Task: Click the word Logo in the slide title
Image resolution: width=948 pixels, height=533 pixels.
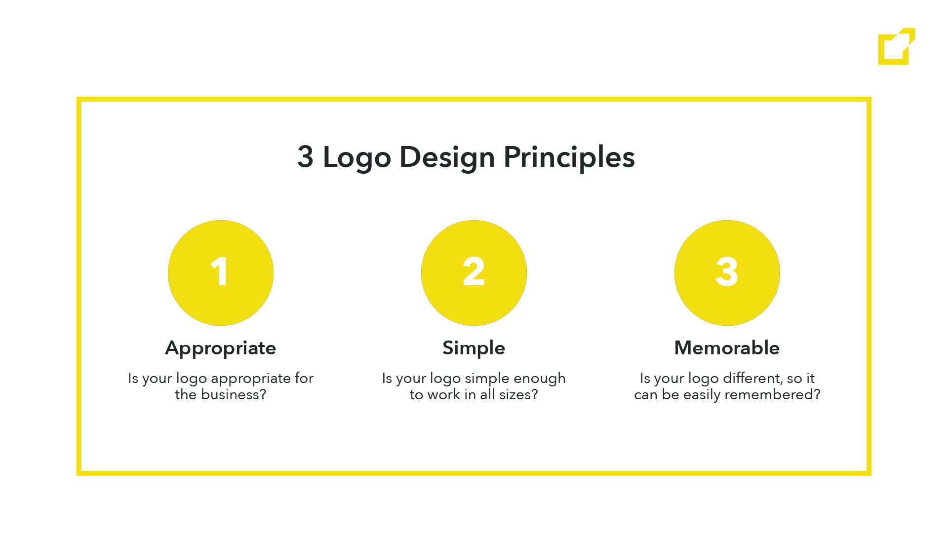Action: [356, 158]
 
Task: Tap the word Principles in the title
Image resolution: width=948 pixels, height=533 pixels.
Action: [569, 158]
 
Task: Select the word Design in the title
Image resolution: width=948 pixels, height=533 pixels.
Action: [447, 158]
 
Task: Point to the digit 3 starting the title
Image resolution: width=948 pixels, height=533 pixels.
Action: [305, 157]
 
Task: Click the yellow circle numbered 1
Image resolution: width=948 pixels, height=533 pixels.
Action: [221, 273]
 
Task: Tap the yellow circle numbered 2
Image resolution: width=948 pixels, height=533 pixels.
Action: [474, 273]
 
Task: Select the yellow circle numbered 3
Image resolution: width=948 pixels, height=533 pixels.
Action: [727, 273]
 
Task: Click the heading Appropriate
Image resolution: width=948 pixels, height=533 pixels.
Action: [221, 349]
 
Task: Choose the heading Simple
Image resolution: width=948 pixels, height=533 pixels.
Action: [474, 349]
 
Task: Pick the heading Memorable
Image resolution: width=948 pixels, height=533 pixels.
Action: [727, 348]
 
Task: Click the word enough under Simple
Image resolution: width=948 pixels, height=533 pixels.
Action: [540, 379]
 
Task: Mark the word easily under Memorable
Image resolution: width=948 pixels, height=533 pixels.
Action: [702, 395]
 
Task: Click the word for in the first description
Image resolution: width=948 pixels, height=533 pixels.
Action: [304, 378]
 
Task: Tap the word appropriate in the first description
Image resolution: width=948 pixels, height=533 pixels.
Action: [251, 379]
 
